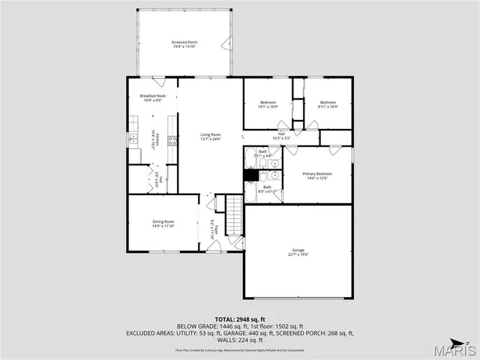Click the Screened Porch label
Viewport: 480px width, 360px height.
[184, 44]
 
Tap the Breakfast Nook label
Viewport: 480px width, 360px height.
[151, 98]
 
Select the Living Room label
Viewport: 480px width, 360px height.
[211, 137]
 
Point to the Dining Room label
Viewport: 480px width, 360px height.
[163, 223]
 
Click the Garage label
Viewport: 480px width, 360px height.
[299, 252]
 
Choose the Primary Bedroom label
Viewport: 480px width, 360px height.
[319, 175]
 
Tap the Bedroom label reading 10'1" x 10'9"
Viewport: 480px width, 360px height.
[268, 104]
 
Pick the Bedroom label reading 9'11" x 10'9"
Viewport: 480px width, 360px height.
[328, 104]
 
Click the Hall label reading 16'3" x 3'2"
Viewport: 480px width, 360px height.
[281, 136]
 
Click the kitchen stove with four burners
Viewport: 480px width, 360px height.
[173, 139]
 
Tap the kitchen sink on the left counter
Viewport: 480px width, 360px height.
[133, 138]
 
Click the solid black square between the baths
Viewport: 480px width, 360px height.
[250, 175]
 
